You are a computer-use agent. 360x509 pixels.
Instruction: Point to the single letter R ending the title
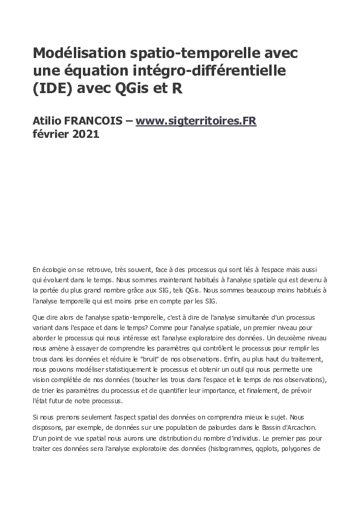tap(176, 88)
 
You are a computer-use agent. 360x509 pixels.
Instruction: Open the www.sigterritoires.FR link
tap(196, 121)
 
